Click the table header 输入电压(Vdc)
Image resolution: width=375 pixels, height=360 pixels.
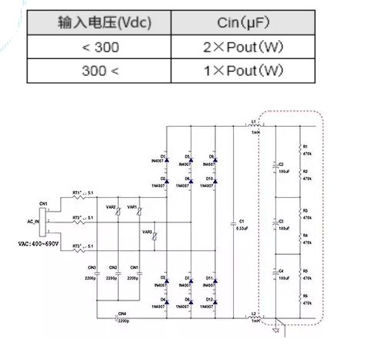click(93, 24)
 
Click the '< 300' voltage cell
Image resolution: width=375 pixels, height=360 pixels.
click(93, 48)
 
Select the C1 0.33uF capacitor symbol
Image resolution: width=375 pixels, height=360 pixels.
click(232, 223)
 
